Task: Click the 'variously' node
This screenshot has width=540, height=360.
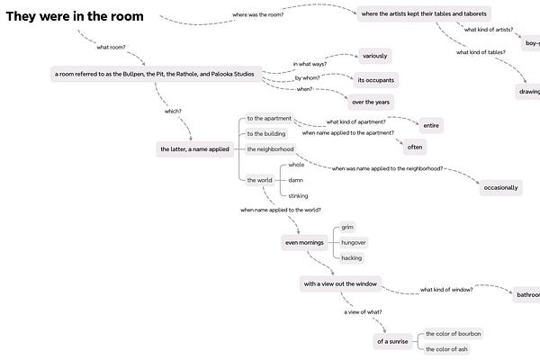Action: [373, 56]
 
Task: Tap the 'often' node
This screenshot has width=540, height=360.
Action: [415, 146]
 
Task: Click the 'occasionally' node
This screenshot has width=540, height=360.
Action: [500, 187]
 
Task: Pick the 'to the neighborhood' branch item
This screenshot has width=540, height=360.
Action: [270, 148]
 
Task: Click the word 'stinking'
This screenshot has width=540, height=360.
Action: [298, 195]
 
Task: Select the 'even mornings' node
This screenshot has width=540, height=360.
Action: [303, 243]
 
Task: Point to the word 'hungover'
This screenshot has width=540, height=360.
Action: [354, 243]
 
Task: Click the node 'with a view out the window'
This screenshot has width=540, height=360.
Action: [340, 284]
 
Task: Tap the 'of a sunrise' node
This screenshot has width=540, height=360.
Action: [392, 341]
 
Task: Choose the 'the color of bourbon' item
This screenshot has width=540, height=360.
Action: [453, 334]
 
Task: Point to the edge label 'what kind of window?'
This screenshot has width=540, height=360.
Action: [446, 289]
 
